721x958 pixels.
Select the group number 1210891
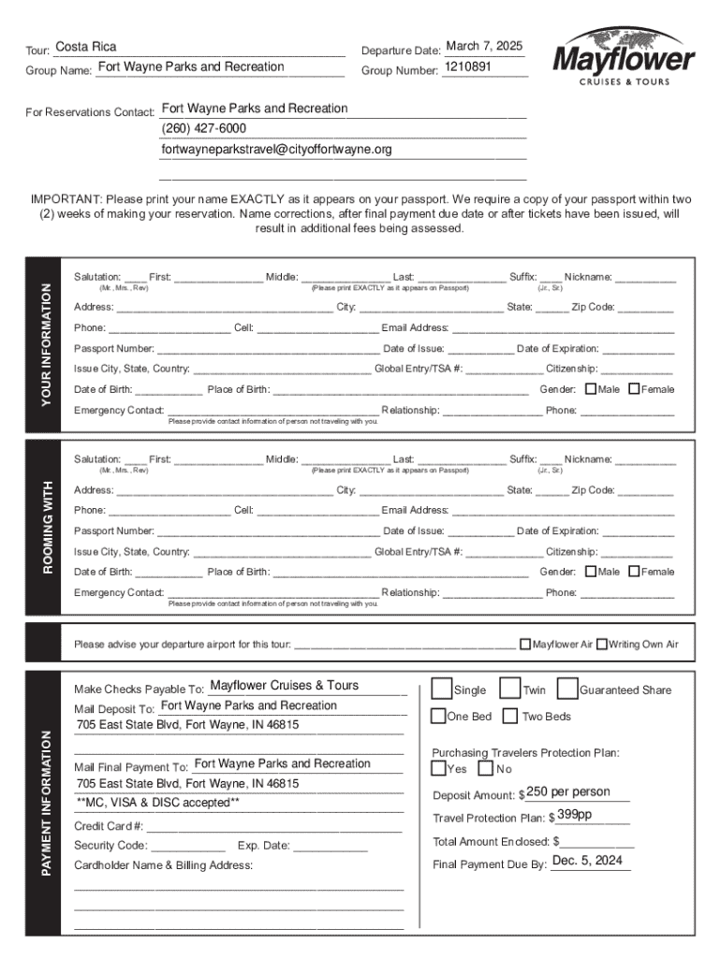[468, 68]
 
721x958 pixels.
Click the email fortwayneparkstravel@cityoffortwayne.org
[276, 150]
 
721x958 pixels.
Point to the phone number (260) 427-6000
[204, 129]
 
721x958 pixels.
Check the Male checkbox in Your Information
[591, 389]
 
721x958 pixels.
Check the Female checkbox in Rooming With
[635, 572]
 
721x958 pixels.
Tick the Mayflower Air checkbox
[524, 644]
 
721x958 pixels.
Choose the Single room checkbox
[440, 689]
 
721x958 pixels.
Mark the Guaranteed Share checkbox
[566, 689]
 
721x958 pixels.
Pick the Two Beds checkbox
[509, 717]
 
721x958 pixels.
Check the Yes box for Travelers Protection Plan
[438, 769]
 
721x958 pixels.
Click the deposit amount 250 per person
[567, 792]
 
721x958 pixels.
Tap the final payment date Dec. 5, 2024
[587, 861]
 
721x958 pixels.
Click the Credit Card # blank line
[275, 826]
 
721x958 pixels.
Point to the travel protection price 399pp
[574, 815]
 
